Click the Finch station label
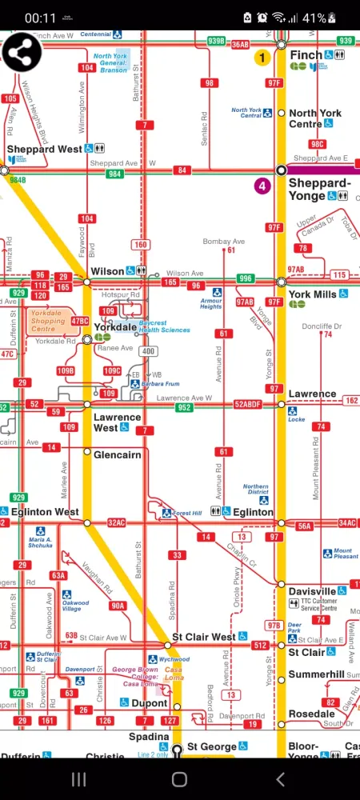306,55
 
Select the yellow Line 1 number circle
262,58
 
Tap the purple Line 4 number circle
262,186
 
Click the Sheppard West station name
44,150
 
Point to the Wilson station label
107,271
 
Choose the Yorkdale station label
114,327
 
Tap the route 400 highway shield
148,351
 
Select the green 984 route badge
115,174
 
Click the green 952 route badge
185,407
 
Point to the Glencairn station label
117,454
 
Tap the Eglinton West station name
44,511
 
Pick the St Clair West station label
204,637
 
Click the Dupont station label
150,704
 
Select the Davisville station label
312,591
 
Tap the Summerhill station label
316,674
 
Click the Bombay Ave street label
223,241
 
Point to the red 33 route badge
177,555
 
